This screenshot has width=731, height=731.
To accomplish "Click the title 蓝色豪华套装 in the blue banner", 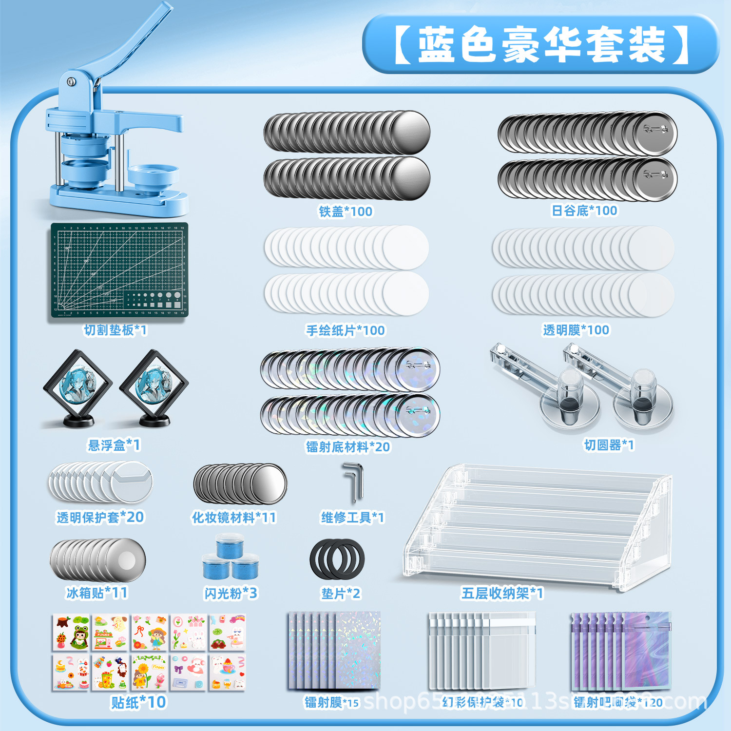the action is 541,45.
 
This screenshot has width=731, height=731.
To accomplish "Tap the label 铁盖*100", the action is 346,212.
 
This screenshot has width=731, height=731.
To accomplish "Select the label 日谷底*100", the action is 584,211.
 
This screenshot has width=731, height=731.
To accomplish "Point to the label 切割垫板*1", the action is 115,330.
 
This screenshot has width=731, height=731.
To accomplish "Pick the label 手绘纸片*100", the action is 346,330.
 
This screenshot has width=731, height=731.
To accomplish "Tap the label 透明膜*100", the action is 576,330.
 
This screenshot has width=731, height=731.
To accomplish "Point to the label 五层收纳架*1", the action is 502,593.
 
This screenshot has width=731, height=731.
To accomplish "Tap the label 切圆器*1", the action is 609,445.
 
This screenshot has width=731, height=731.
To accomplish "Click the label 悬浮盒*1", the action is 114,445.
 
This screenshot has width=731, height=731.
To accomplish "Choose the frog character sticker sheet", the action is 71,632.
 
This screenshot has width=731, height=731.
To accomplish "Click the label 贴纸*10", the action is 139,702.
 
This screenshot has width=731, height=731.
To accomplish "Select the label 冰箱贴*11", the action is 97,593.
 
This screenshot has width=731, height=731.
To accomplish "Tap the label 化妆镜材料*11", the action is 234,518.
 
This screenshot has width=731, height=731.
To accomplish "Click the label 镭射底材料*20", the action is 348,447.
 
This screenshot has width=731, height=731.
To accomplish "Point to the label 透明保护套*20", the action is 100,517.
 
